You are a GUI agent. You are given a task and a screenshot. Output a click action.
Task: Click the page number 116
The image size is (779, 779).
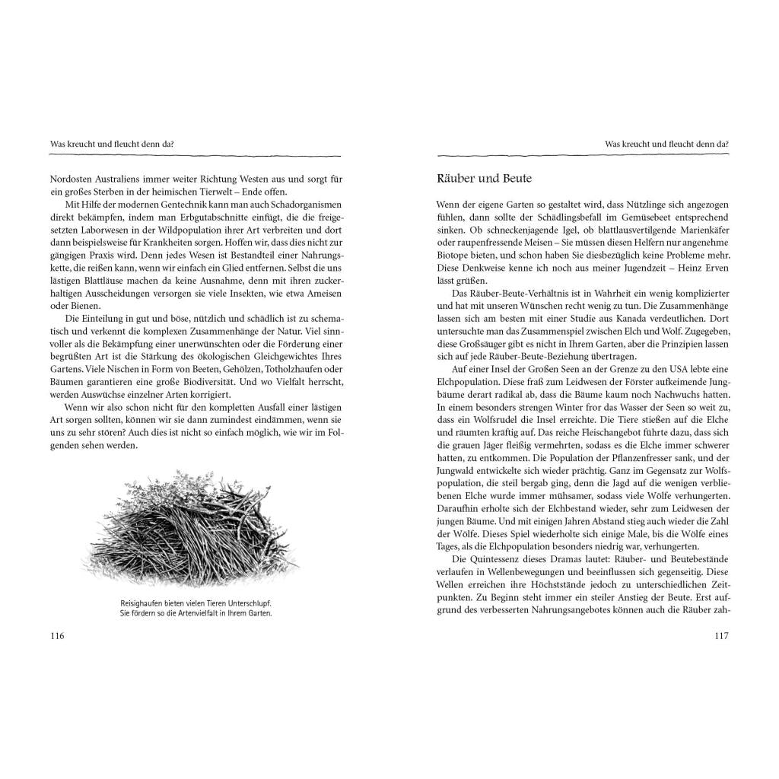57,636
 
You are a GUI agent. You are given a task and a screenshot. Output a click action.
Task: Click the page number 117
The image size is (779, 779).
721,636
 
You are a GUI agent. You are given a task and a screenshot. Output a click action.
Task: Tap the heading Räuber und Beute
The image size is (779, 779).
485,179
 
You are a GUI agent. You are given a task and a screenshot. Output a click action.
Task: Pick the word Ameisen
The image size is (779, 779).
323,293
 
